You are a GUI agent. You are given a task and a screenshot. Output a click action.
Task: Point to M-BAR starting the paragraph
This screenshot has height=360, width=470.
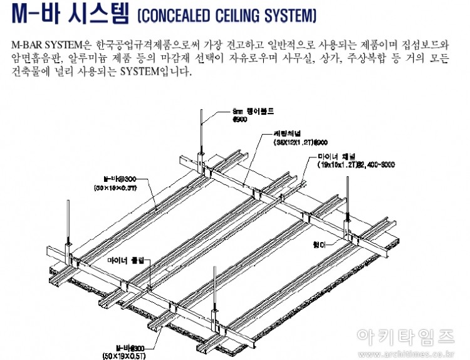tap(26, 45)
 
